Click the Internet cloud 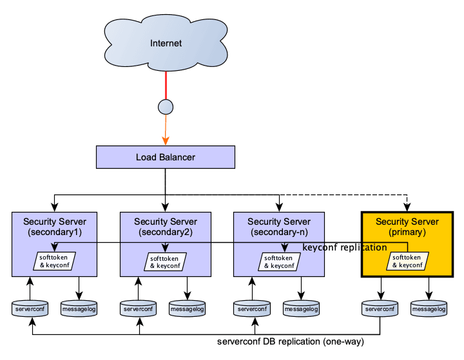point(166,43)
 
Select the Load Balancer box point(165,157)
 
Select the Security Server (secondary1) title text point(54,227)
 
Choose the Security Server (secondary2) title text point(165,227)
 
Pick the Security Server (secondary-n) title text point(278,227)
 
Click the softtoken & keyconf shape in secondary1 point(54,261)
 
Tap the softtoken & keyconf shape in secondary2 point(165,261)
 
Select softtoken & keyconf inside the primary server point(406,261)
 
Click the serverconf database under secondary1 point(30,309)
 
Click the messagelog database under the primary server point(429,309)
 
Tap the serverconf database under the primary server point(380,309)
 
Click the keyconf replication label point(345,248)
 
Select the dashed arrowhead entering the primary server point(407,207)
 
